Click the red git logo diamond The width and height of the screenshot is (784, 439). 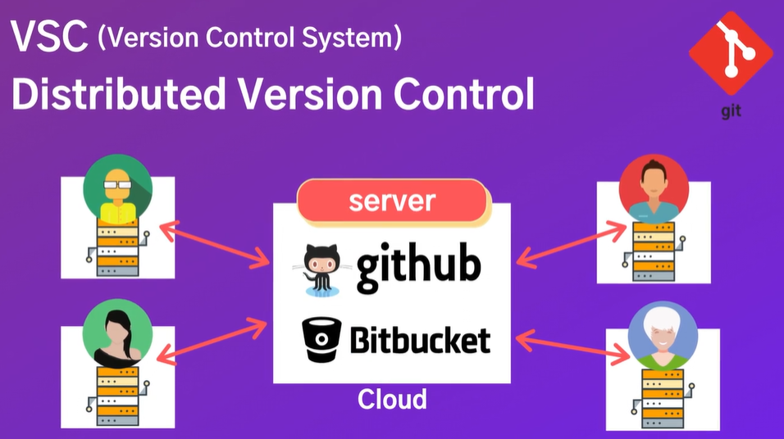(x=731, y=52)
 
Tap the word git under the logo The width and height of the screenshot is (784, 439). (x=731, y=111)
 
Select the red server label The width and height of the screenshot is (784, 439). (x=392, y=201)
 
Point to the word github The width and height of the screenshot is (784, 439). (x=418, y=267)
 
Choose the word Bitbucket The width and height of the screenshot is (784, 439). (x=420, y=339)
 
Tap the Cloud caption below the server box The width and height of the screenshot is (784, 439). (x=392, y=400)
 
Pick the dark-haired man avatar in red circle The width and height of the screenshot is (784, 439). (x=654, y=189)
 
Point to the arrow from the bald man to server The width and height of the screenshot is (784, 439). (x=215, y=245)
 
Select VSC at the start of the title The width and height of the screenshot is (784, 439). (x=49, y=38)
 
